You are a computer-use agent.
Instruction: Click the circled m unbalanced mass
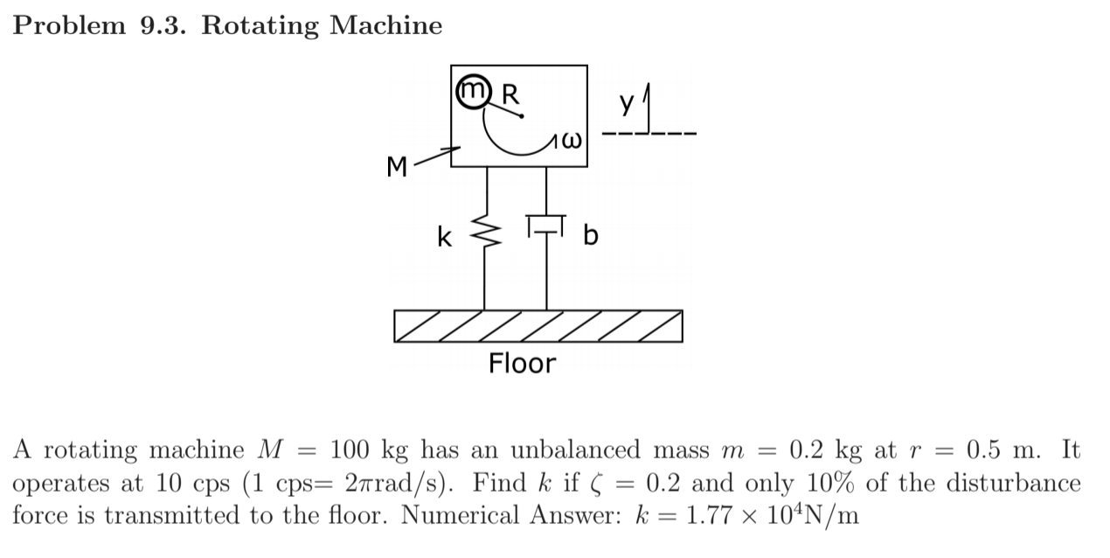472,91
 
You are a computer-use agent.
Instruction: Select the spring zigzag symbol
484,234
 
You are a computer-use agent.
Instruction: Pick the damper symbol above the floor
547,226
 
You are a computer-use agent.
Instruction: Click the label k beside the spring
446,236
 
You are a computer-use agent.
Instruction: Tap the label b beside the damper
591,236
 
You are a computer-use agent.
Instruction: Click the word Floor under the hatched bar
522,363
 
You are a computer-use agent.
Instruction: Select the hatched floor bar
538,326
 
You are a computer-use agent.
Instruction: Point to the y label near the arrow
626,103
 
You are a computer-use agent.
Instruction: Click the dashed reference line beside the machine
651,135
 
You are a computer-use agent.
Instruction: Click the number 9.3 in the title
162,25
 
